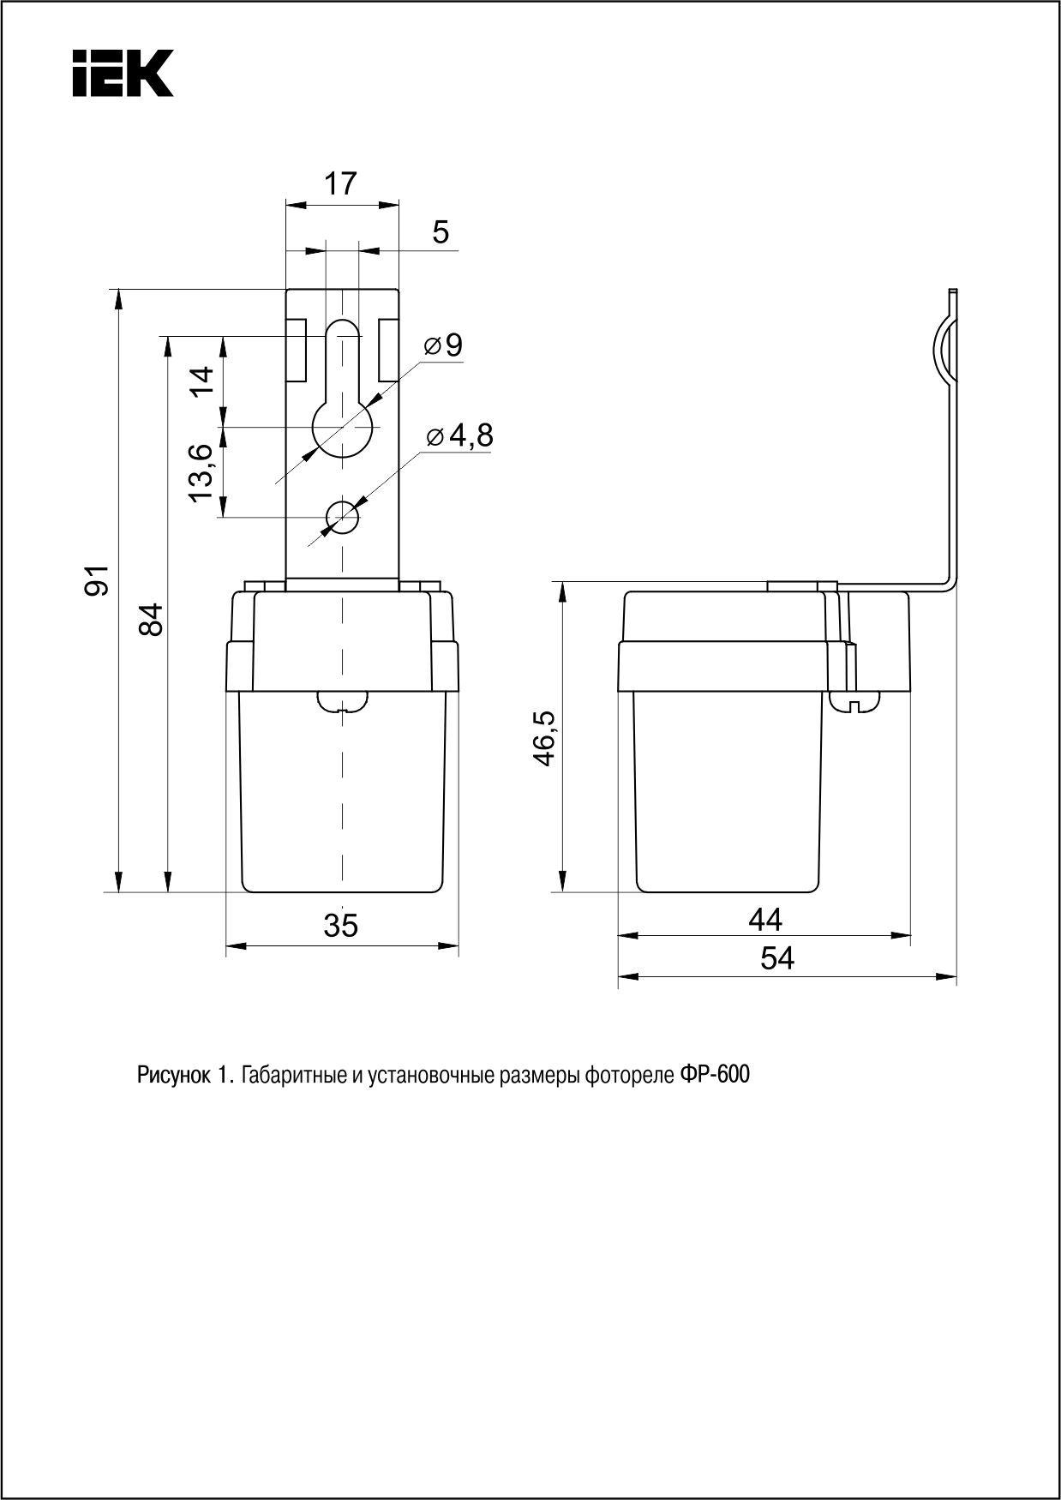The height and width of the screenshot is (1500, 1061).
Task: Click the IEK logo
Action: (123, 73)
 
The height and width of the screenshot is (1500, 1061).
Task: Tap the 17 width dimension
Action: (340, 184)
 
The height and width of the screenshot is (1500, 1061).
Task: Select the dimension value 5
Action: (441, 232)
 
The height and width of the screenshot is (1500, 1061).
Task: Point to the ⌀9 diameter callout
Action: (444, 345)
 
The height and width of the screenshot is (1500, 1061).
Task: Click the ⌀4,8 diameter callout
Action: (459, 436)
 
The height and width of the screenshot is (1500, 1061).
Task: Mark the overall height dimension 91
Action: (100, 580)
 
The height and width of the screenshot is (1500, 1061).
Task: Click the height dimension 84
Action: (151, 619)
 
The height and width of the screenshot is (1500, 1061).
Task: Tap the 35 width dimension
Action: (341, 926)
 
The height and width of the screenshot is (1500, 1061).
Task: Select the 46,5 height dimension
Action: (545, 737)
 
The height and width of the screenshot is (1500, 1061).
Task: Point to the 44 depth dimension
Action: (764, 920)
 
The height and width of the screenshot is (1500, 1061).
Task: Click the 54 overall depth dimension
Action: (777, 958)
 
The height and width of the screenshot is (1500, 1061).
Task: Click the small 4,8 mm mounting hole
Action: (342, 517)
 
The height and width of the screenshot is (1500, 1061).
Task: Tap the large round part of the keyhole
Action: (342, 426)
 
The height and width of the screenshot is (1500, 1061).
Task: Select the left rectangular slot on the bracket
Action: (297, 350)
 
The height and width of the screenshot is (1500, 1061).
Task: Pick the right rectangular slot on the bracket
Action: (387, 350)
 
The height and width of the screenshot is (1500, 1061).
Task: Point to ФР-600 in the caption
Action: (715, 1075)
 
